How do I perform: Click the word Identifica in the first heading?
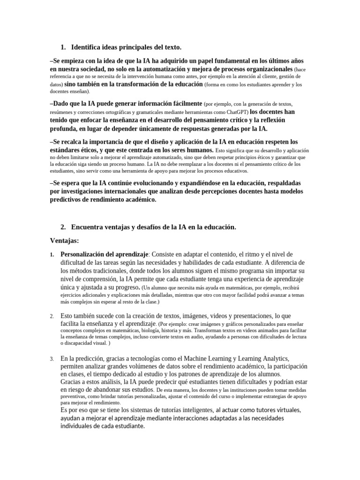click(87, 47)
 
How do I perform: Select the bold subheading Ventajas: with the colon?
click(65, 241)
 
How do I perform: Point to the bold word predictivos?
click(68, 199)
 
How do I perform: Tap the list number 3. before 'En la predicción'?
click(52, 359)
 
